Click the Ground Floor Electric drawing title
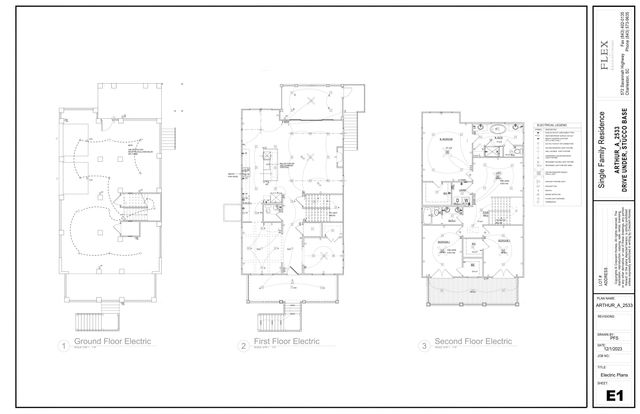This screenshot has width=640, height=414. pyautogui.click(x=112, y=343)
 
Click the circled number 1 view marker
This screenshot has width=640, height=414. pyautogui.click(x=63, y=346)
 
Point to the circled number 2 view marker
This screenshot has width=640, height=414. pyautogui.click(x=243, y=346)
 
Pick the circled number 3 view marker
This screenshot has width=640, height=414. pyautogui.click(x=426, y=346)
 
